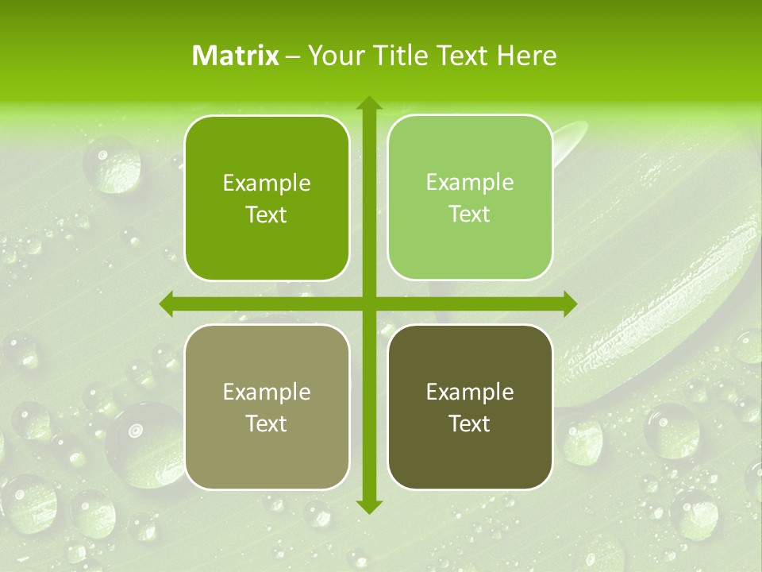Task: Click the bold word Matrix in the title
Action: click(x=236, y=55)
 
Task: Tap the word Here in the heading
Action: click(x=526, y=55)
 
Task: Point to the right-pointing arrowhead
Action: click(x=569, y=303)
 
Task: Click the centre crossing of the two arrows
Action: click(x=368, y=303)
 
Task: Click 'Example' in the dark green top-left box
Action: click(x=267, y=184)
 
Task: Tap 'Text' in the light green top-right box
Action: click(x=469, y=214)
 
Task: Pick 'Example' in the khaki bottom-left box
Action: click(x=267, y=392)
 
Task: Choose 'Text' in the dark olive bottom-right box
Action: click(x=469, y=423)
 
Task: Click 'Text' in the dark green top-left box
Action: click(x=267, y=214)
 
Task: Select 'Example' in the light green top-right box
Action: click(x=469, y=183)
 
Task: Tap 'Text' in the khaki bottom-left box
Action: click(x=267, y=423)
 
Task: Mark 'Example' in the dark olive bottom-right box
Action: click(x=469, y=392)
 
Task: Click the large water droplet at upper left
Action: click(x=113, y=164)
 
